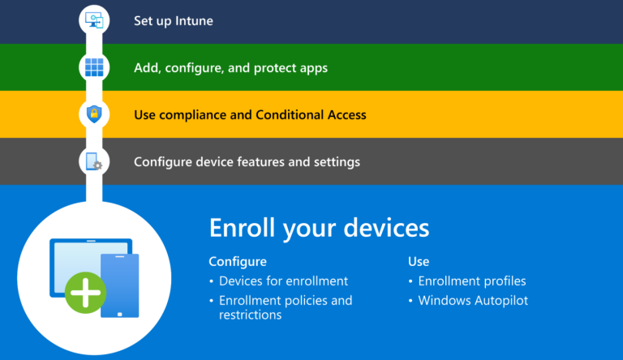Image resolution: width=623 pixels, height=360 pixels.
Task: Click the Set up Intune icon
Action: [x=93, y=20]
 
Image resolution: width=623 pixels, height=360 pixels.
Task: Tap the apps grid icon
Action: [x=93, y=67]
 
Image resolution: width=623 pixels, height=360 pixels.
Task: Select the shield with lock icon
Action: [x=93, y=114]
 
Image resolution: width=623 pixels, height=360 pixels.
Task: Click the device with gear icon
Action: [x=93, y=161]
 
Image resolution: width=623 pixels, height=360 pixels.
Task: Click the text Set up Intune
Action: [x=174, y=20]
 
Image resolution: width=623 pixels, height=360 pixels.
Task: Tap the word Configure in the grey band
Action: [x=161, y=162]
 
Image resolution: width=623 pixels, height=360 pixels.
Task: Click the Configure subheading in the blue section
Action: [x=238, y=262]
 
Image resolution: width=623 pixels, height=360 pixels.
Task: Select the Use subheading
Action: [x=419, y=262]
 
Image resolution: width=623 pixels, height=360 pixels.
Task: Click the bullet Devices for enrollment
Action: [x=283, y=281]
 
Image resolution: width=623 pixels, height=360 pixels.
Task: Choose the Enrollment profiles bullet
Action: [x=472, y=281]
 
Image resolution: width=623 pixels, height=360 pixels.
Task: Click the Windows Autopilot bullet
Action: [x=472, y=301]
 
